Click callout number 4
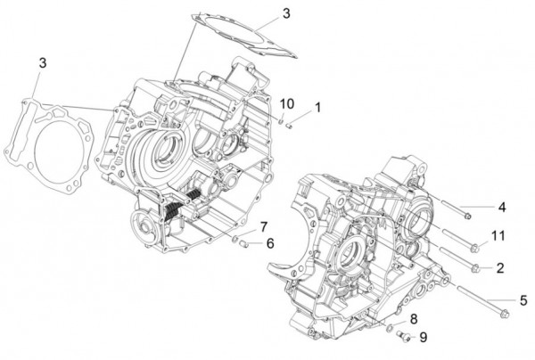click(x=502, y=208)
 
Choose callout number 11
click(x=499, y=235)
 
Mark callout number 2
click(x=500, y=267)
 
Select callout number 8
click(x=414, y=319)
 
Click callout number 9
click(x=424, y=337)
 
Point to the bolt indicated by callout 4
click(x=456, y=209)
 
